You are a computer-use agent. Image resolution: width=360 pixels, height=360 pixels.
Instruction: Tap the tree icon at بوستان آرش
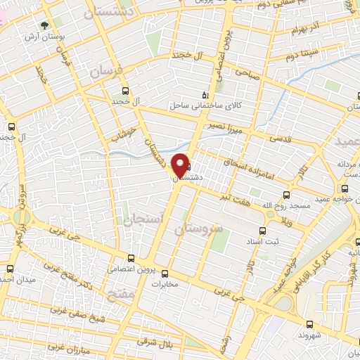click(x=46, y=25)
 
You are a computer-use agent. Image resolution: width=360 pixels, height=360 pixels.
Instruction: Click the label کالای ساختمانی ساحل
click(x=203, y=106)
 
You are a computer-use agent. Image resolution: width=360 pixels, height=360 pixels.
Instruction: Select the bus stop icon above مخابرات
click(x=165, y=274)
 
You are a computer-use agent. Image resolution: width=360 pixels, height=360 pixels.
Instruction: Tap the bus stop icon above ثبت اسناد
click(x=262, y=231)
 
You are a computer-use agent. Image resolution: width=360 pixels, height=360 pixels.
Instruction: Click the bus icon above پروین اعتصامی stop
click(x=131, y=258)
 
